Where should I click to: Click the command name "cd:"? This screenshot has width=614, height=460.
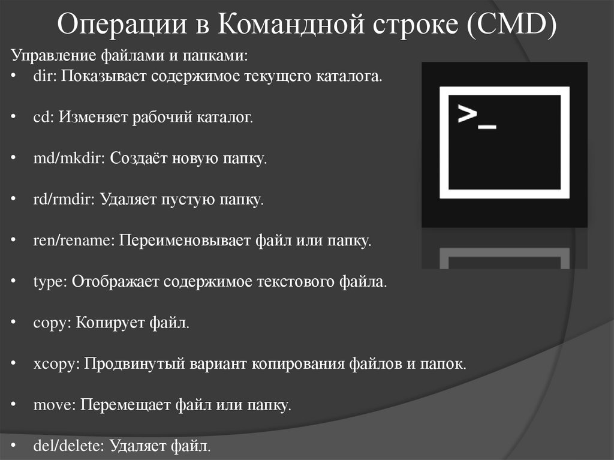(44, 118)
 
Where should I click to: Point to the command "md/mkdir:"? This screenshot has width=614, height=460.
(70, 159)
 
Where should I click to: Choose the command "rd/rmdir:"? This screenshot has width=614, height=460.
(64, 200)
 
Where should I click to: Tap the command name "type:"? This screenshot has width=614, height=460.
(50, 282)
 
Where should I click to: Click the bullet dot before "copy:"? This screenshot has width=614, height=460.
(14, 323)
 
